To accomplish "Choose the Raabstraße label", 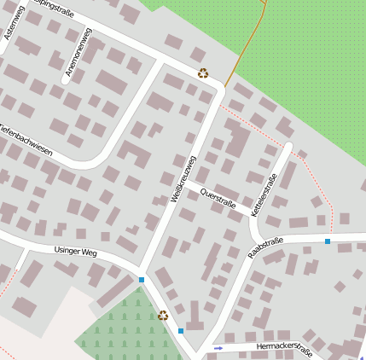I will [264, 249].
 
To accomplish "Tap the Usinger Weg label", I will [76, 253].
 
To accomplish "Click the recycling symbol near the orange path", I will [203, 73].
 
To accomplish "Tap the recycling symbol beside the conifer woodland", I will [163, 316].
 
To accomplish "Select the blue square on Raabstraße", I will [328, 241].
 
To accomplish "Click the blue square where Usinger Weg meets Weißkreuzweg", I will [141, 279].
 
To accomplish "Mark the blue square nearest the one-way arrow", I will [181, 331].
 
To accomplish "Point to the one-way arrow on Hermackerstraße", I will [218, 348].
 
